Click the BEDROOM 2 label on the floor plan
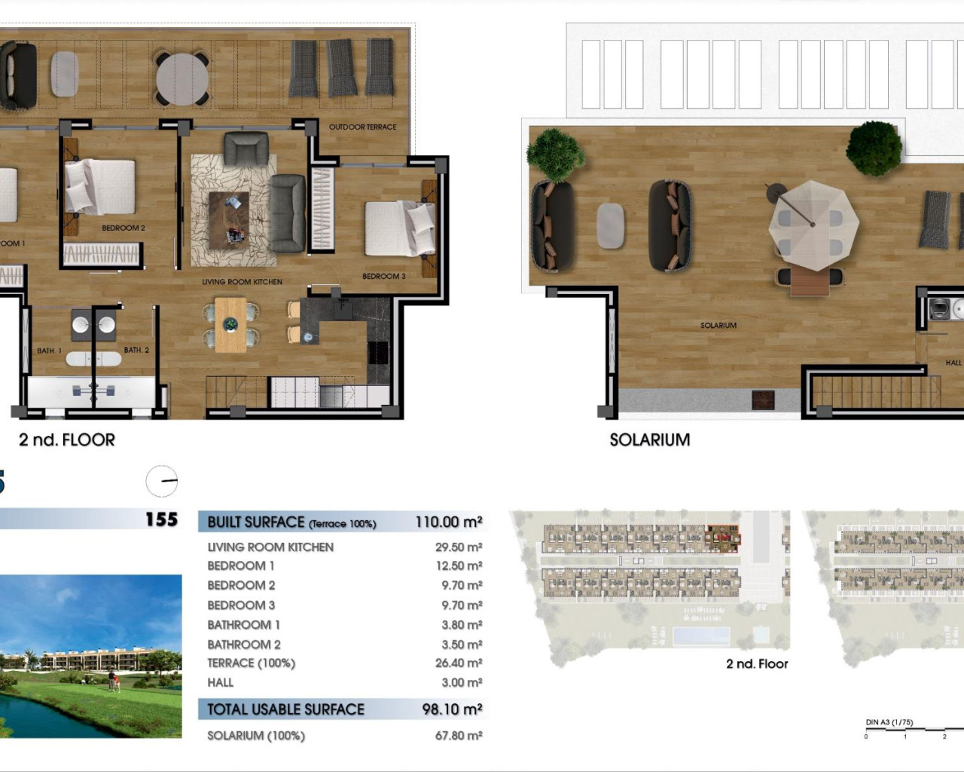[x=124, y=228]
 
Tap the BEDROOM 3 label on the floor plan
[x=383, y=277]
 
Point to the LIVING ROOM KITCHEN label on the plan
[x=242, y=282]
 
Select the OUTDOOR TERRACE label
[x=362, y=127]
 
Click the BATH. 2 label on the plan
[x=136, y=351]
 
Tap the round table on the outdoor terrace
[x=182, y=78]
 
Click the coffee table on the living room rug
[x=229, y=217]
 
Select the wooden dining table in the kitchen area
[x=230, y=325]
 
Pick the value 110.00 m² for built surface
[x=448, y=522]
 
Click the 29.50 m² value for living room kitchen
[x=458, y=547]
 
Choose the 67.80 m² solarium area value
[x=458, y=736]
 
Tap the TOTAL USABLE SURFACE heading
[x=285, y=709]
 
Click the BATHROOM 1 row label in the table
[x=243, y=625]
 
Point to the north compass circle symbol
[x=162, y=481]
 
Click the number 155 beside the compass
[x=161, y=519]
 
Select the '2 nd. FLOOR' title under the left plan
[x=67, y=440]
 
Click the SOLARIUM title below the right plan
[x=649, y=440]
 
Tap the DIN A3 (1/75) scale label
[x=889, y=722]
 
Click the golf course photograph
[x=90, y=656]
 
